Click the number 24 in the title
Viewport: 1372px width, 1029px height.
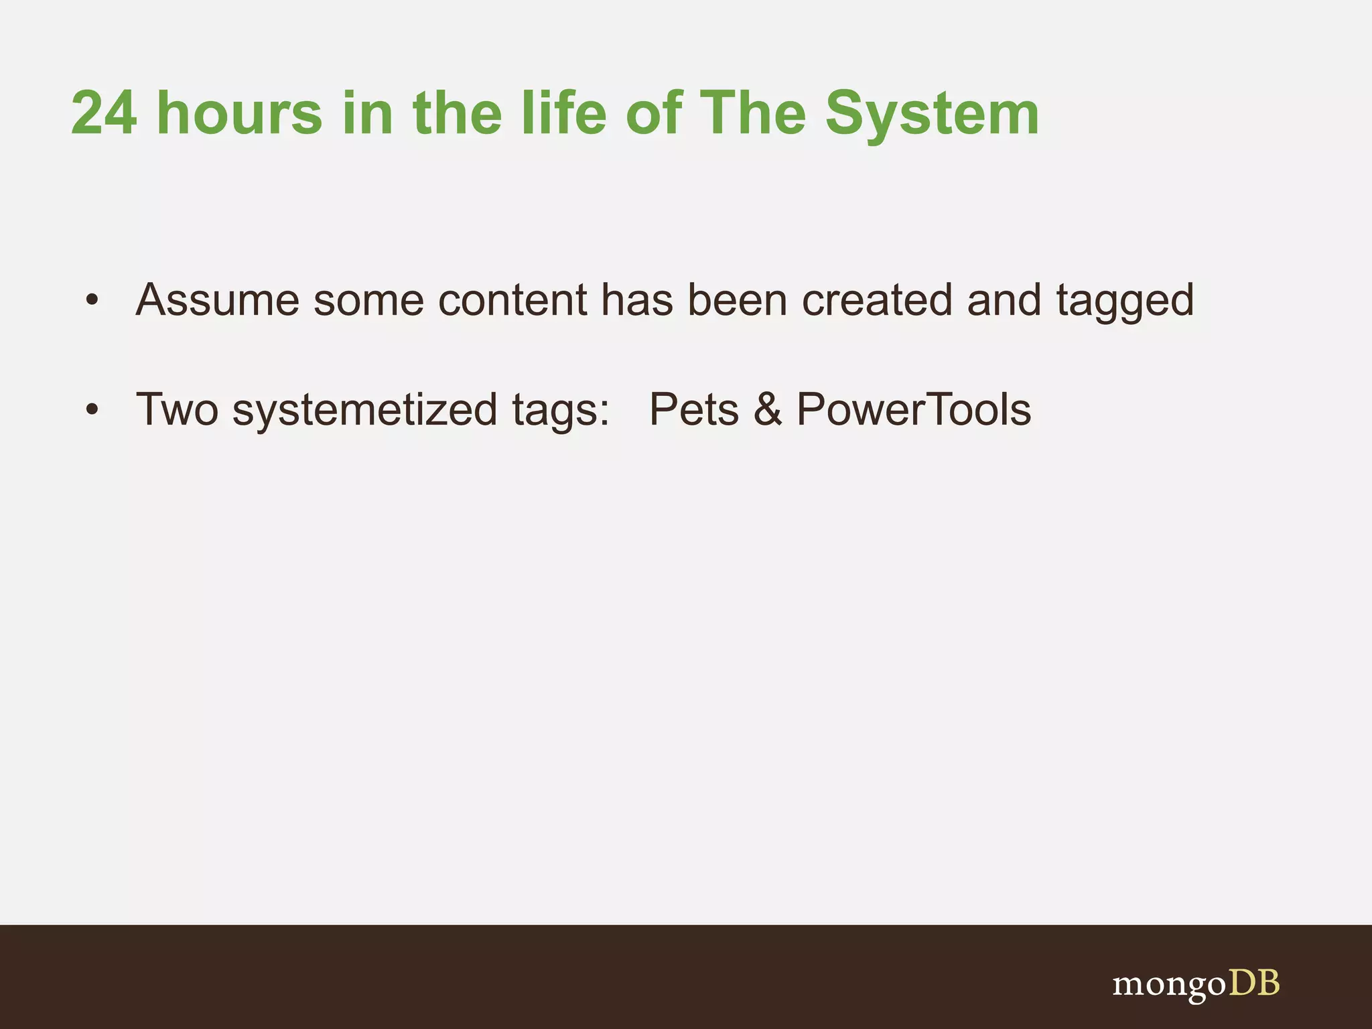pos(104,114)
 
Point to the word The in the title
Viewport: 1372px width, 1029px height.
pos(752,114)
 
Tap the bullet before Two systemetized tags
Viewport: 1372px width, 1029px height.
pos(92,409)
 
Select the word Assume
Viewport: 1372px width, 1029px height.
pos(217,300)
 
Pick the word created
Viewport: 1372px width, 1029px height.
pos(876,300)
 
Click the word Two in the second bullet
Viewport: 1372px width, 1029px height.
pos(177,409)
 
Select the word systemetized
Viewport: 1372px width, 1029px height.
pos(364,411)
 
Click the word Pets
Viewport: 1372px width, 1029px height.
pos(693,409)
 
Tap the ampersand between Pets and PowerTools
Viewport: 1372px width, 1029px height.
pos(768,409)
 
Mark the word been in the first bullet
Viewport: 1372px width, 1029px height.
pos(737,300)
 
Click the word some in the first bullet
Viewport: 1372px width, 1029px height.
pos(368,300)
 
